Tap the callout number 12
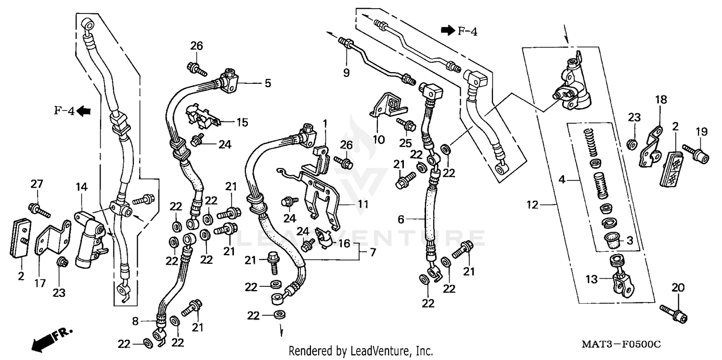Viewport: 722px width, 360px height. click(532, 205)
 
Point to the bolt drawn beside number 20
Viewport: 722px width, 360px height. click(674, 313)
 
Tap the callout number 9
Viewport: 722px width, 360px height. click(347, 73)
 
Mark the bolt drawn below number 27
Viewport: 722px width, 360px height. click(40, 210)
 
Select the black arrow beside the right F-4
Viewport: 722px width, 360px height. click(448, 31)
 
